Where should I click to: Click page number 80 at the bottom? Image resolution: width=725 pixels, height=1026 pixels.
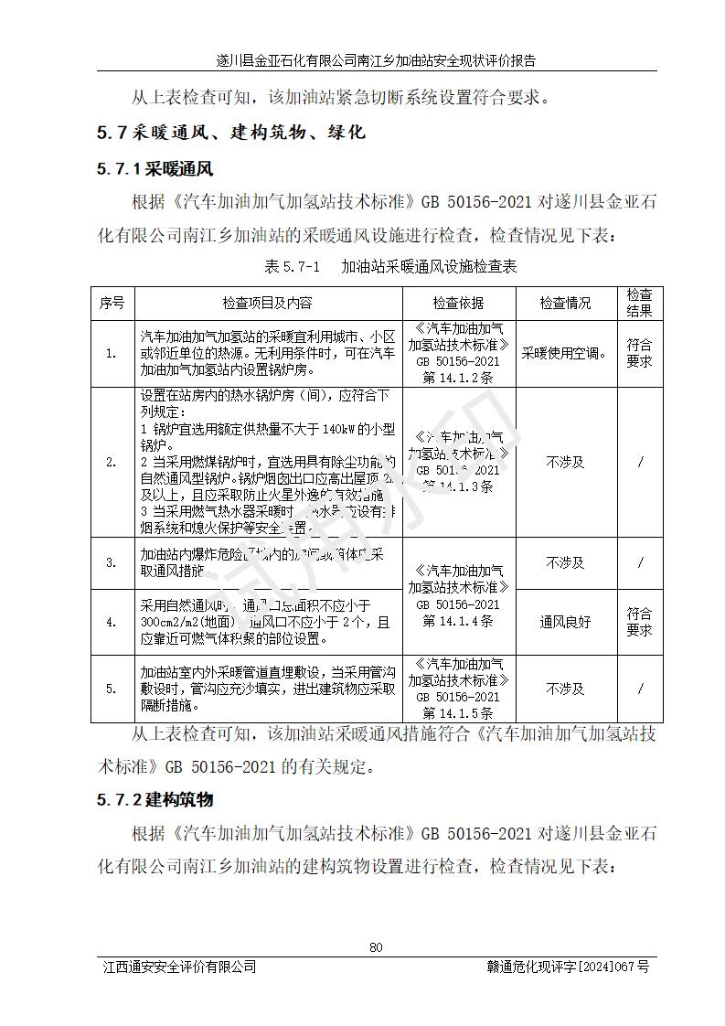click(x=375, y=946)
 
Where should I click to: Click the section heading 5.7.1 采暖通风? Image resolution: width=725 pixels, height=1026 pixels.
click(x=155, y=169)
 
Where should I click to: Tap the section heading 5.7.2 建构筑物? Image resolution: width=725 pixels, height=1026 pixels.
click(x=155, y=800)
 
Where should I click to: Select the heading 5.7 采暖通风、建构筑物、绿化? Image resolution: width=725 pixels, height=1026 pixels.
click(x=230, y=133)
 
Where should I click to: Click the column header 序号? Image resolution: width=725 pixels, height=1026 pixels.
click(x=112, y=303)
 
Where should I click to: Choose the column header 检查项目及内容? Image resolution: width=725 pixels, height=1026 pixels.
click(x=267, y=303)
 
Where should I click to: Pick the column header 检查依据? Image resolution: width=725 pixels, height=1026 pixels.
click(x=458, y=303)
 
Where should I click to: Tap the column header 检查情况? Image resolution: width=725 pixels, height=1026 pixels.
click(x=565, y=303)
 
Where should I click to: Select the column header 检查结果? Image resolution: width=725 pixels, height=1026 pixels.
click(x=639, y=303)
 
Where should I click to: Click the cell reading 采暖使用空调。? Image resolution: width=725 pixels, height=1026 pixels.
click(x=565, y=353)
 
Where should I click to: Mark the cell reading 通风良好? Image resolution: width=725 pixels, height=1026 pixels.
click(x=565, y=622)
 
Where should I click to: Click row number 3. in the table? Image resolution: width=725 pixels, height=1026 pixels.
click(x=112, y=562)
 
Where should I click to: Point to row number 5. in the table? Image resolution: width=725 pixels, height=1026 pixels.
click(x=112, y=689)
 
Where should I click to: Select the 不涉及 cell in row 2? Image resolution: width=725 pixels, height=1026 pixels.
click(x=565, y=462)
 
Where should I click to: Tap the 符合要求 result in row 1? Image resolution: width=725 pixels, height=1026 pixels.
click(x=639, y=353)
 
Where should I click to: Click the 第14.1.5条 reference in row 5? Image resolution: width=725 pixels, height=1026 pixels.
click(x=458, y=713)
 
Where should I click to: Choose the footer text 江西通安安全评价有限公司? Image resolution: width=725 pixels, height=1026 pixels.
click(x=179, y=967)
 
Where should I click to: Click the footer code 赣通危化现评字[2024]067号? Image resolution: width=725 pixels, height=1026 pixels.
click(x=568, y=967)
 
